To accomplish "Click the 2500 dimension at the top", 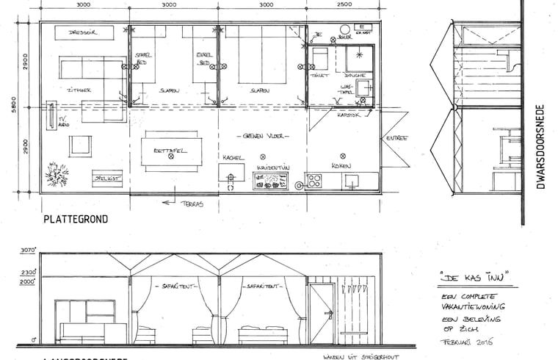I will point(342,4).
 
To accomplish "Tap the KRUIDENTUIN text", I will point(271,168).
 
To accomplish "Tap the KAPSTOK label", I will point(347,115).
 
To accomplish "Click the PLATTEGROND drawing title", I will point(76,219).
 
